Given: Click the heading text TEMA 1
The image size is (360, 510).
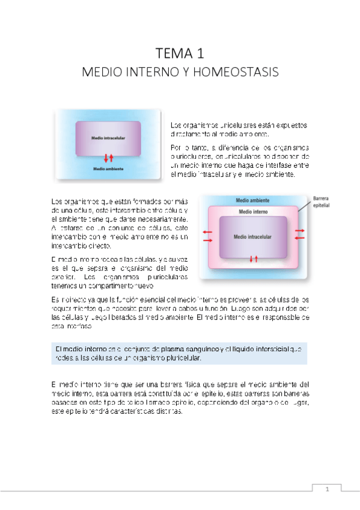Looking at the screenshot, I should (180, 53).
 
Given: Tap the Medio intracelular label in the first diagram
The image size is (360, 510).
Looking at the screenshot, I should (108, 138).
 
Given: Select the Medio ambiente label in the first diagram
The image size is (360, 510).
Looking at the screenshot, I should (108, 169).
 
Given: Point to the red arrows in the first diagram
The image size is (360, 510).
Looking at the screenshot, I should (109, 158).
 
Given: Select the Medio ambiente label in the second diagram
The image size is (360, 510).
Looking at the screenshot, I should (253, 200).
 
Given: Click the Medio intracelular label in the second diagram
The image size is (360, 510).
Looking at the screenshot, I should (253, 236).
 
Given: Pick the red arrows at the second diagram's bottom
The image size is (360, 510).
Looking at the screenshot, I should (253, 259).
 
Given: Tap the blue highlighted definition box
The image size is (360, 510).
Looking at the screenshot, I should (178, 353).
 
